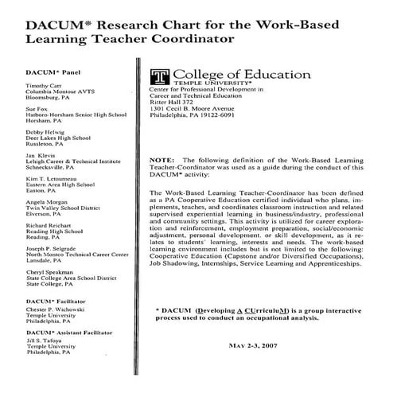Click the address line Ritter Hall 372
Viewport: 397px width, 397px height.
pyautogui.click(x=177, y=101)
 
